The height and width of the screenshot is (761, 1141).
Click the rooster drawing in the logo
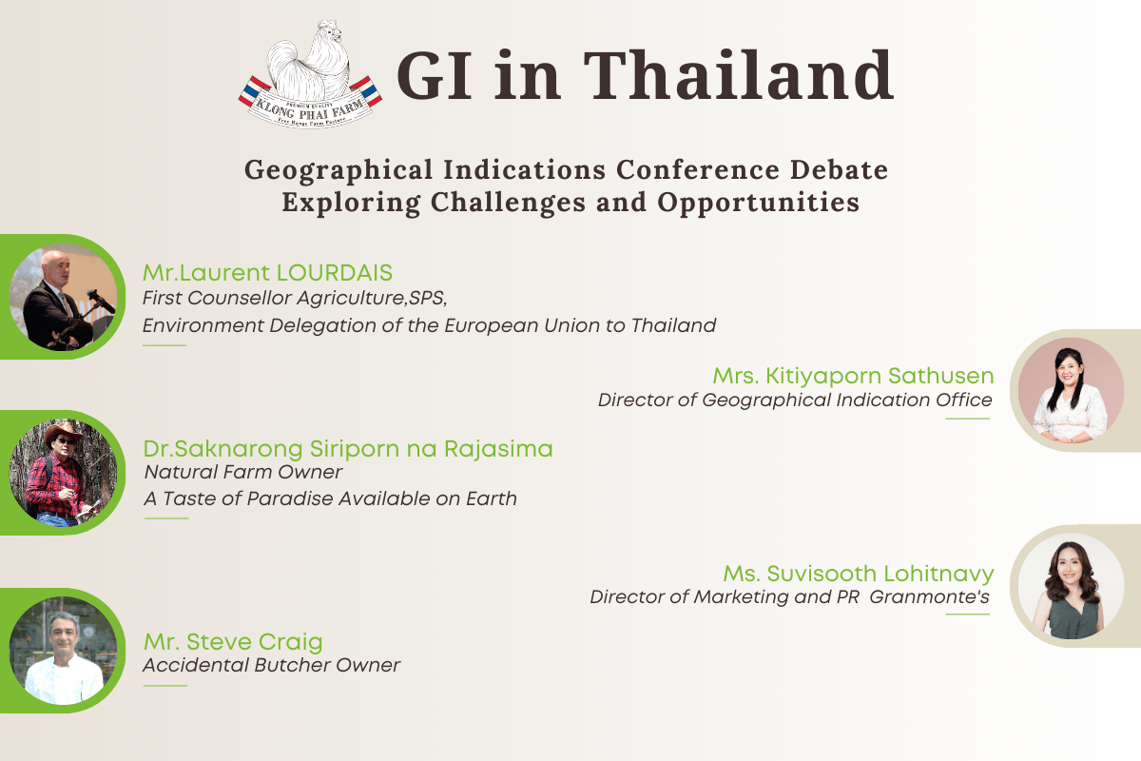(x=310, y=60)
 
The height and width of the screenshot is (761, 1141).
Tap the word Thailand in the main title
(x=739, y=75)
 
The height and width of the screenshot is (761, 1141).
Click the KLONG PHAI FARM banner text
(x=310, y=110)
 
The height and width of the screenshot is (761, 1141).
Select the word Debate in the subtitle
(x=840, y=169)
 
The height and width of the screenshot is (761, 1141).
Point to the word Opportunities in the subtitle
(x=759, y=203)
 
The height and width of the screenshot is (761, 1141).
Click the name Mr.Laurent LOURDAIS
(x=267, y=273)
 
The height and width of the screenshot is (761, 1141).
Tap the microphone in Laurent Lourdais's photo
(x=101, y=301)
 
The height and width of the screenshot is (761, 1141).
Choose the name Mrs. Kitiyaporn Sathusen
(x=853, y=376)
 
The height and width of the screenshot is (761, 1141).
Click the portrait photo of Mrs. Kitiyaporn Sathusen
(x=1072, y=390)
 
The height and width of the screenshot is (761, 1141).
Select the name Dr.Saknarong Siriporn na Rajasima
(x=348, y=449)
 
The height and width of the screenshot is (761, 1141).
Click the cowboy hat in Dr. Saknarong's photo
(x=63, y=432)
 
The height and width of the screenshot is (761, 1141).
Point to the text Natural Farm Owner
(x=243, y=473)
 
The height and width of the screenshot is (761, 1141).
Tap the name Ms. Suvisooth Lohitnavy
(x=859, y=574)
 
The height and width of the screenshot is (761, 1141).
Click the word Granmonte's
(x=930, y=596)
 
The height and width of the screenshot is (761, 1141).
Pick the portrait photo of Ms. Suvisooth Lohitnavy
(x=1072, y=586)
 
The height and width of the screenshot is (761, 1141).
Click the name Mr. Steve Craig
(x=233, y=642)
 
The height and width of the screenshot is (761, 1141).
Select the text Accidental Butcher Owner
(x=272, y=665)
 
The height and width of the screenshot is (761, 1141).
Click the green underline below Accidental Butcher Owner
(x=165, y=686)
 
